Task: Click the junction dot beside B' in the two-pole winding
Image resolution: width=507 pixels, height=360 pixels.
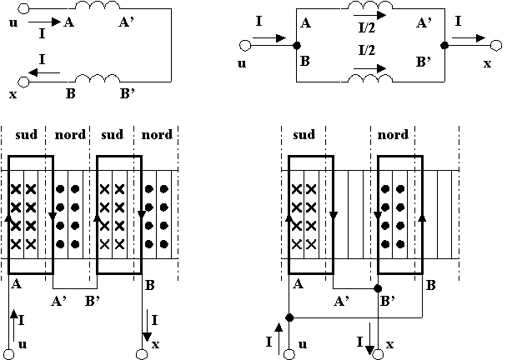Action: pyautogui.click(x=379, y=288)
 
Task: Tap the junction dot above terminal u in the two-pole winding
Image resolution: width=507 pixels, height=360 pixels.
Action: pyautogui.click(x=289, y=317)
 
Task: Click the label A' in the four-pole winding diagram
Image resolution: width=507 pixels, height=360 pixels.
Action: pyautogui.click(x=59, y=300)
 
